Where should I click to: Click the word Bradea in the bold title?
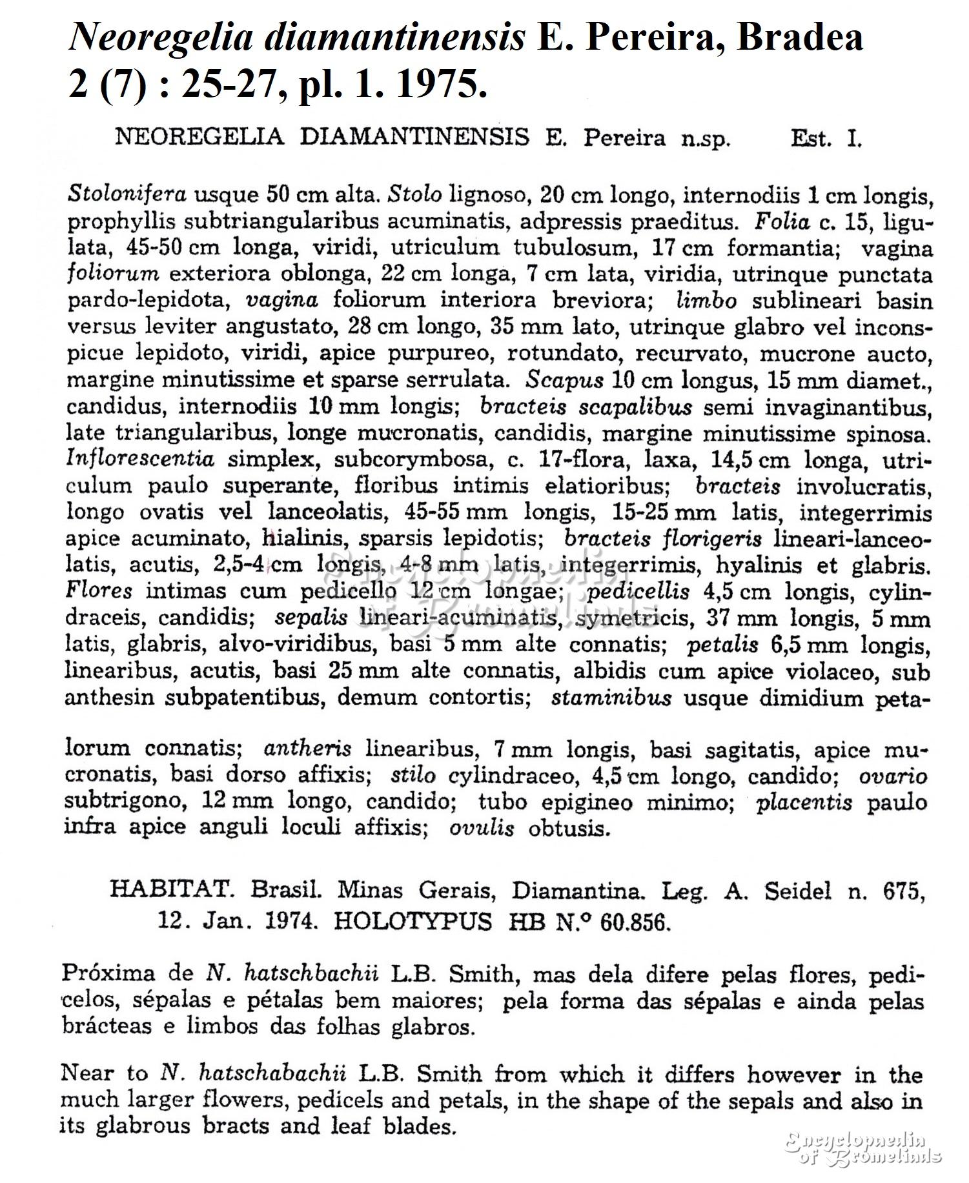pyautogui.click(x=800, y=37)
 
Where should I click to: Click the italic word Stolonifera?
pyautogui.click(x=127, y=194)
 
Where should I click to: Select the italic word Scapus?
pyautogui.click(x=564, y=380)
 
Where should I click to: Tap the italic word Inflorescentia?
pyautogui.click(x=140, y=460)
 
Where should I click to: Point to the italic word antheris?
pyautogui.click(x=307, y=749)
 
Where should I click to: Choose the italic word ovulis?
pyautogui.click(x=482, y=828)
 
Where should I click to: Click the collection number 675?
pyautogui.click(x=901, y=891)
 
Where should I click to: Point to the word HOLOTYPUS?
pyautogui.click(x=412, y=922)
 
